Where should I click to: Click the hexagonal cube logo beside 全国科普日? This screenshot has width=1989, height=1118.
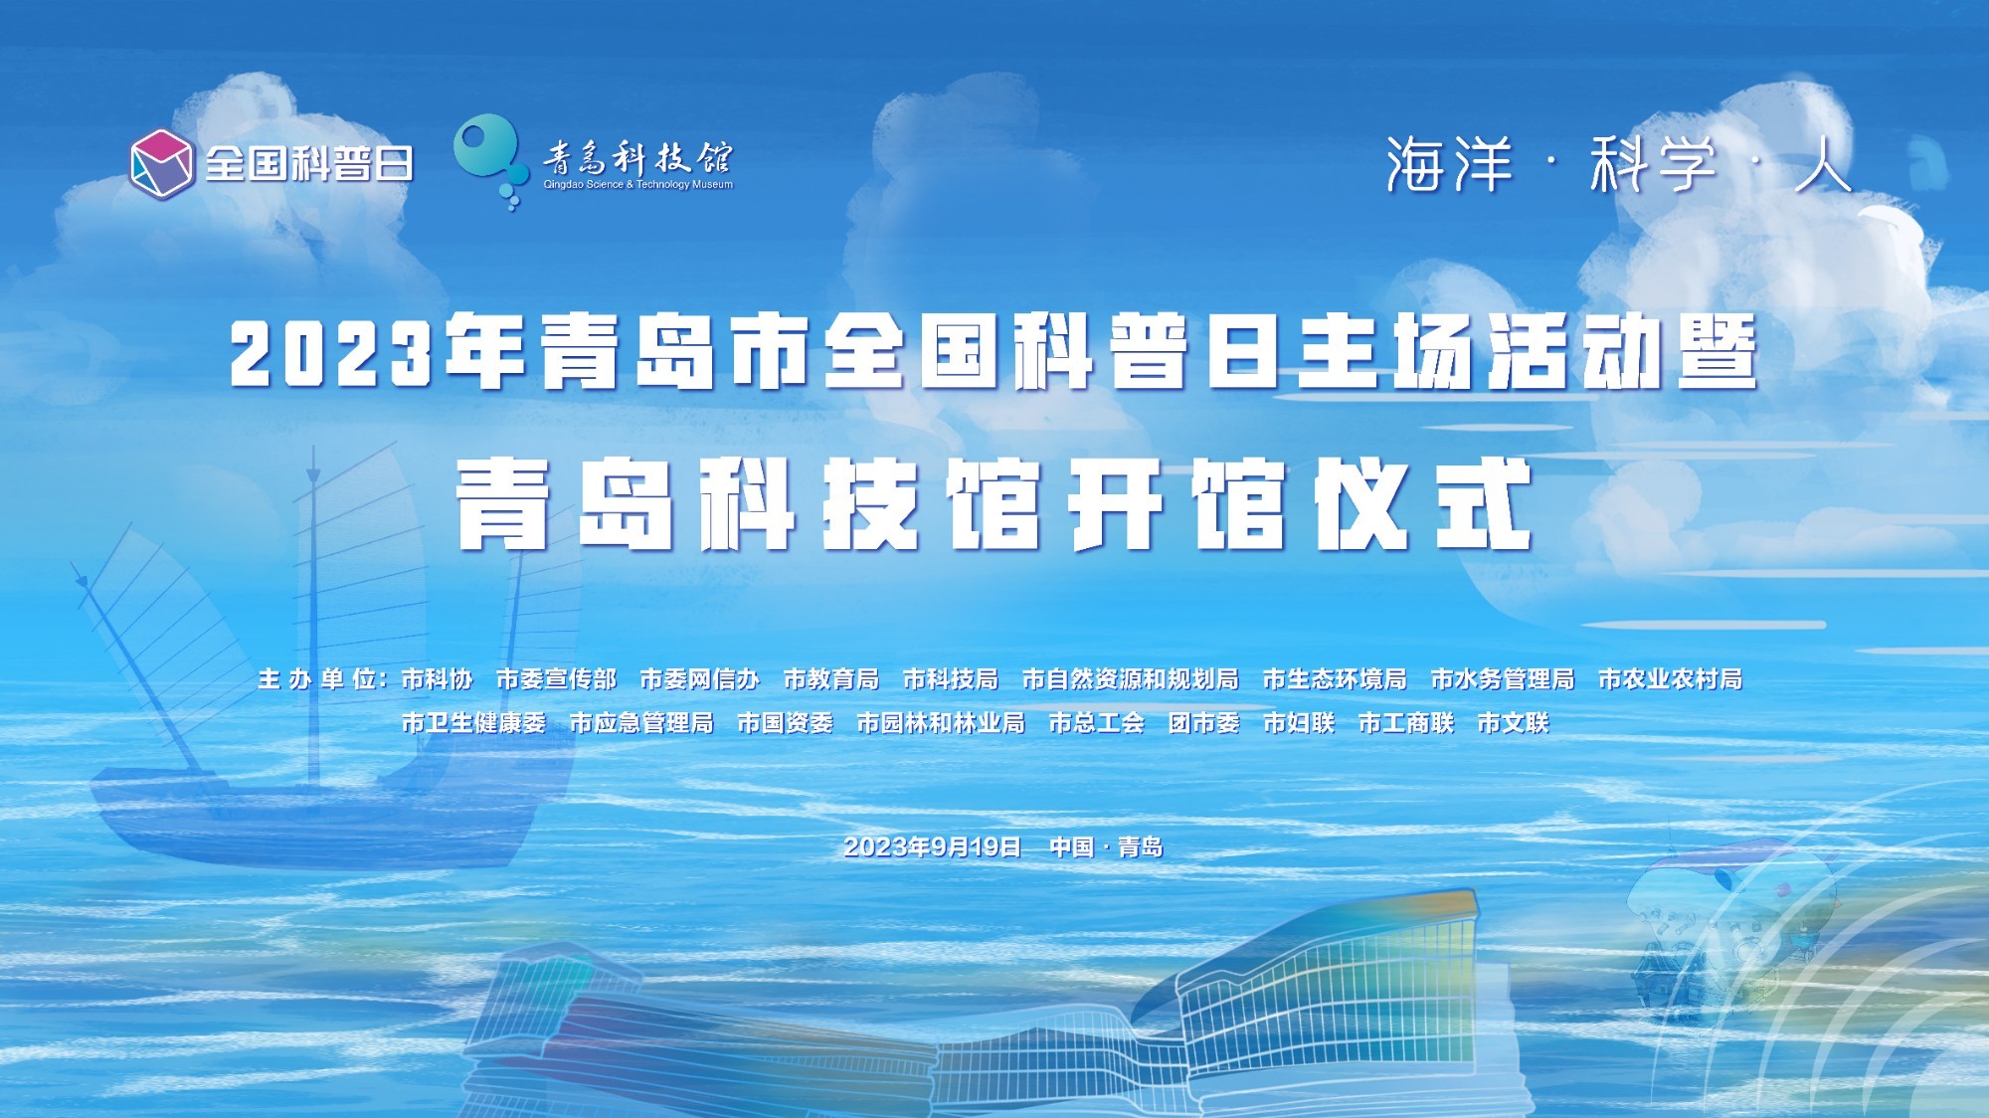[x=161, y=163]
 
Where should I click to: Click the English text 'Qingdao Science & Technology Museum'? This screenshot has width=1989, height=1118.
[x=637, y=185]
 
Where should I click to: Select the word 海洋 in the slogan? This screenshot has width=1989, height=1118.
[x=1448, y=164]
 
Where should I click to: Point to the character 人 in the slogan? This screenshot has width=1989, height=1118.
[x=1822, y=164]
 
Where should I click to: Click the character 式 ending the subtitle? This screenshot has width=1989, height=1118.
[x=1482, y=504]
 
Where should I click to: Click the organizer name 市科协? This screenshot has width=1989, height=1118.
[x=437, y=679]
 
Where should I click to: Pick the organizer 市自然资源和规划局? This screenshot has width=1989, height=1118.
[x=1130, y=679]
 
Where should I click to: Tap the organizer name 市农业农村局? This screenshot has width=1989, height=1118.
[x=1670, y=679]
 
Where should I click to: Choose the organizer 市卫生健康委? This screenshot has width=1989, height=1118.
[x=473, y=723]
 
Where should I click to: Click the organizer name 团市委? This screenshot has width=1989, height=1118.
[x=1203, y=723]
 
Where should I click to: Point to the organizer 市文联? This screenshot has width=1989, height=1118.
[x=1513, y=723]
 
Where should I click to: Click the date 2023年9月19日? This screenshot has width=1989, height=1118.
[x=932, y=846]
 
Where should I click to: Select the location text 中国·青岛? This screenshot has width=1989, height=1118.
[x=1106, y=846]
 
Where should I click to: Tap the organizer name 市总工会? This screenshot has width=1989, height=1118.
[x=1096, y=723]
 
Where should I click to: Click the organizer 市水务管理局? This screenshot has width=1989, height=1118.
[x=1502, y=679]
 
